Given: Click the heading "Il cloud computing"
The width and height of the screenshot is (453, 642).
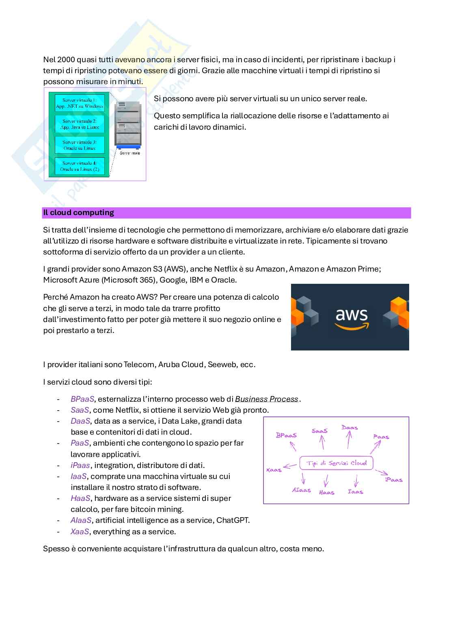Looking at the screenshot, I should (x=79, y=213).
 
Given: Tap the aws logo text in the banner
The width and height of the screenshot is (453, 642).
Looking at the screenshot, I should (x=352, y=316).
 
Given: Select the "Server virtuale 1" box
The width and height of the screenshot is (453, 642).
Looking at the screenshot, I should (x=80, y=103).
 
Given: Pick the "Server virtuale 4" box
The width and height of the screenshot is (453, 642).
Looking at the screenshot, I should (x=80, y=166).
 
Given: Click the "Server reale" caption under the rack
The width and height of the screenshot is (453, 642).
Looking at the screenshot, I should (x=129, y=153).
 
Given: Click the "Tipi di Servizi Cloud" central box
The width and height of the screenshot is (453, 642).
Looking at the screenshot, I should (x=336, y=463).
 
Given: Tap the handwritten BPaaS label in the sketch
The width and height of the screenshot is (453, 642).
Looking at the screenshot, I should (x=286, y=435).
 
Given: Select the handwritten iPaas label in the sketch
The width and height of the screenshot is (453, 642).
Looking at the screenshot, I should (x=393, y=480).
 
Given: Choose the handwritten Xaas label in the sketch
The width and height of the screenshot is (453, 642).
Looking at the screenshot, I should (x=274, y=470).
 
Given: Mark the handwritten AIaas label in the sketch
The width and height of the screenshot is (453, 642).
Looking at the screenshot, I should (x=301, y=490).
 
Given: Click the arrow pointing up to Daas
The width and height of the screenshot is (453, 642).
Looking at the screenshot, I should (x=349, y=440).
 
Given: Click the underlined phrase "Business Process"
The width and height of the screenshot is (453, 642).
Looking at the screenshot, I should (x=267, y=399).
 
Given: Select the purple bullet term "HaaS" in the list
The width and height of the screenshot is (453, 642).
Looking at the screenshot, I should (x=80, y=498).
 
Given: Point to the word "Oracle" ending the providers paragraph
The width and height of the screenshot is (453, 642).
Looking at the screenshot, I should (x=223, y=280).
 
